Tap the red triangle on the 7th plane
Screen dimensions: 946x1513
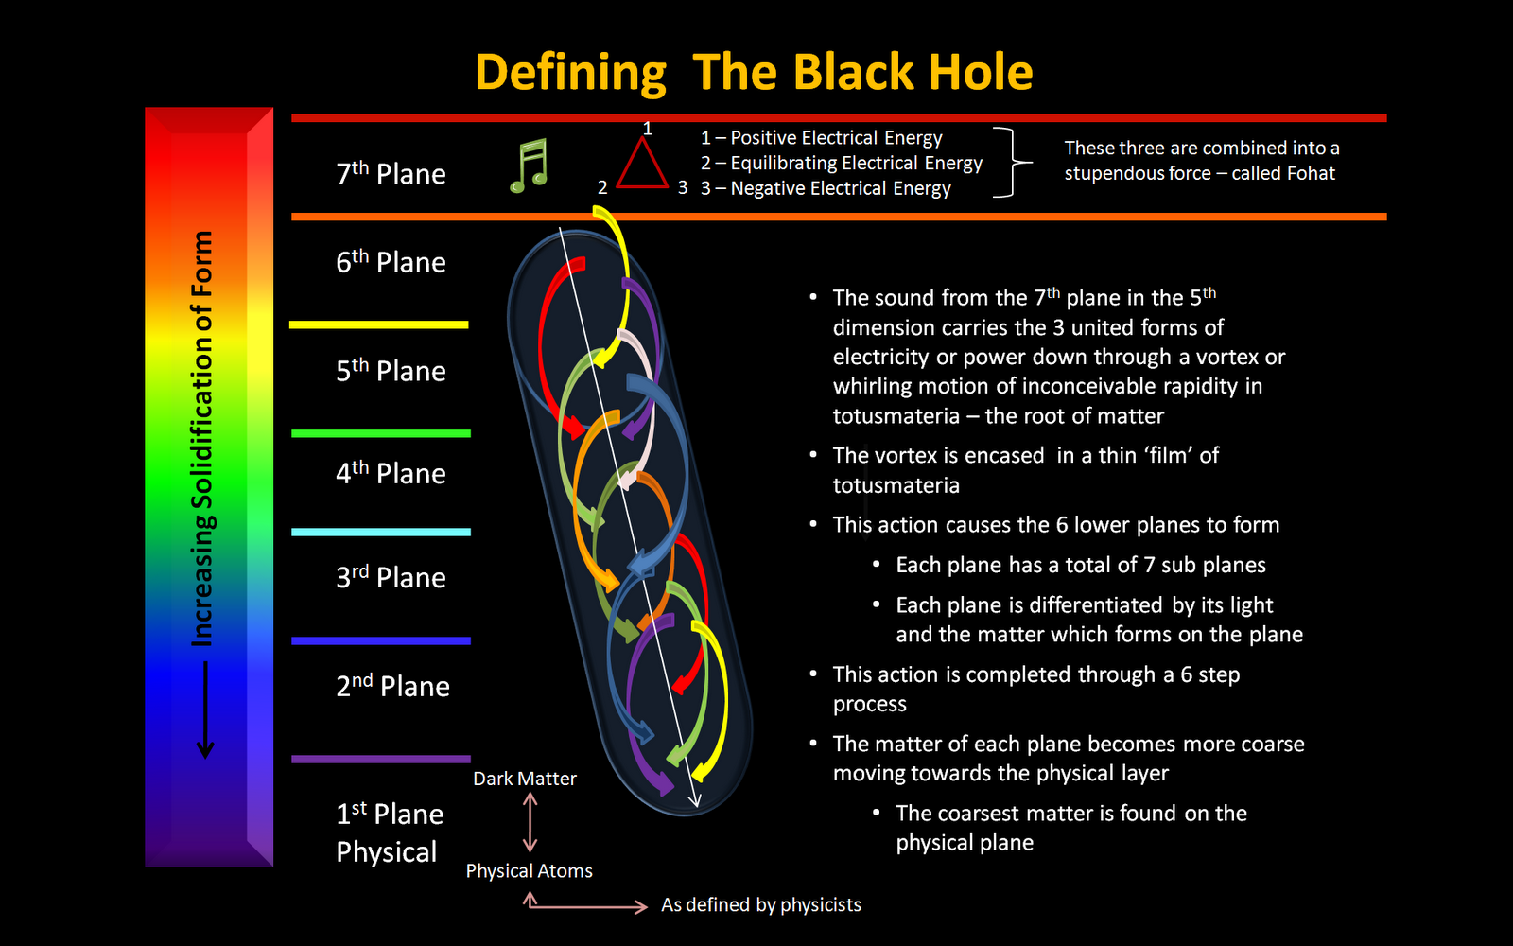[x=642, y=166]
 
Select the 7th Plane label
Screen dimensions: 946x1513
[x=391, y=173]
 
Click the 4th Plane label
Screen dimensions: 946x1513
[x=391, y=472]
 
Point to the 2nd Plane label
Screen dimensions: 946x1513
[x=392, y=685]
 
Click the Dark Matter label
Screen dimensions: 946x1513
[x=524, y=779]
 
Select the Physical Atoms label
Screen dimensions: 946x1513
[x=529, y=870]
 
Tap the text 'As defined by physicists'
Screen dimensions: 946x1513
[x=760, y=904]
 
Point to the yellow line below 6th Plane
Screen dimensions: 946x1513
[x=378, y=324]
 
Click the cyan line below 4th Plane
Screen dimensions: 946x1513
[x=380, y=532]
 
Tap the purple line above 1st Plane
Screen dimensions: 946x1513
[x=380, y=759]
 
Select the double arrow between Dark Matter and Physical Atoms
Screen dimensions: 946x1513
[x=530, y=822]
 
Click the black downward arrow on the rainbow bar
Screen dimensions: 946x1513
[x=205, y=709]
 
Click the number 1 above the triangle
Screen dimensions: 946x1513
[x=647, y=128]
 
